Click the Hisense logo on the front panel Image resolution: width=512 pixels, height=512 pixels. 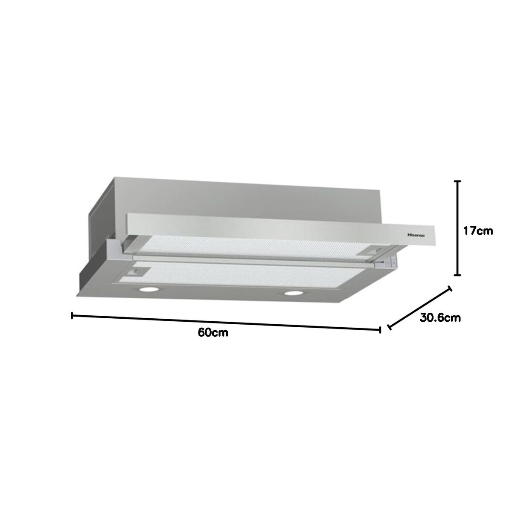click(x=416, y=236)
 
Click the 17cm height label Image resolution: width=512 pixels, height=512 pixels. click(x=478, y=231)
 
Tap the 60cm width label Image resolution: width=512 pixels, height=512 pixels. click(x=213, y=333)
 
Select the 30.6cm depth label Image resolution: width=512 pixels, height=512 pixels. click(x=440, y=317)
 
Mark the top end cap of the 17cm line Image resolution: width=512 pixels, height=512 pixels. click(x=457, y=181)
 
